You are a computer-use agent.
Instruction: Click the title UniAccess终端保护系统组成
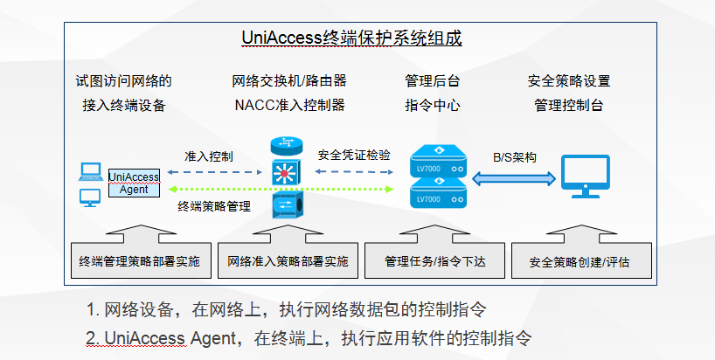351,38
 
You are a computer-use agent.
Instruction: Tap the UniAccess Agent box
134,183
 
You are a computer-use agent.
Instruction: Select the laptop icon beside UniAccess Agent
89,171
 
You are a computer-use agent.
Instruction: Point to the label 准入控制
208,156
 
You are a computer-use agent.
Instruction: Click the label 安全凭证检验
354,156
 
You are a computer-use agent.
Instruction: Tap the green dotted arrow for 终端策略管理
281,190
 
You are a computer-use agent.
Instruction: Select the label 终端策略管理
213,207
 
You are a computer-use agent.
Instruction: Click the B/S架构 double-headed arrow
515,177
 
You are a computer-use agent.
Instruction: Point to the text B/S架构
515,157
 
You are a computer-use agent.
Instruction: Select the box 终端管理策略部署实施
139,260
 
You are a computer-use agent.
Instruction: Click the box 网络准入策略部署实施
288,260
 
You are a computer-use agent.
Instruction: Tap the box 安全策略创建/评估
580,260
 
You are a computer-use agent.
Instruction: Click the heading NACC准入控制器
289,106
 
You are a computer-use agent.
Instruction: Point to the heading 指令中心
432,106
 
